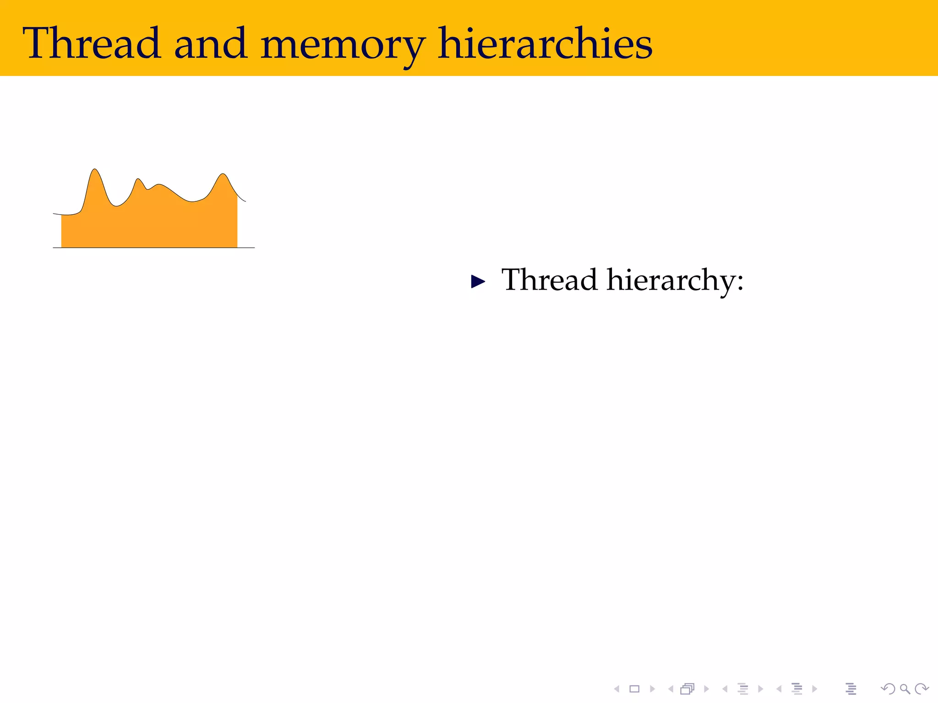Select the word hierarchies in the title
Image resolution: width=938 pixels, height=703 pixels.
pyautogui.click(x=545, y=43)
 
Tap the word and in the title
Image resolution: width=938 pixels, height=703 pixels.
pyautogui.click(x=211, y=43)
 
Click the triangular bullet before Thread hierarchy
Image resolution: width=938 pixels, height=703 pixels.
pyautogui.click(x=478, y=281)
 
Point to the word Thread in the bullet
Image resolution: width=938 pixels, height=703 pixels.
pyautogui.click(x=549, y=280)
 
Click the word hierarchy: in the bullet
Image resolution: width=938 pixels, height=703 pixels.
pyautogui.click(x=675, y=281)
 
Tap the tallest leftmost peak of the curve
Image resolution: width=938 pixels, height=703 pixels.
pyautogui.click(x=95, y=170)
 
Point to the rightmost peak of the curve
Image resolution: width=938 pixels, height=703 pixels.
pyautogui.click(x=223, y=175)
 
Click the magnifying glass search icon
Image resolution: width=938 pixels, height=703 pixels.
pyautogui.click(x=905, y=689)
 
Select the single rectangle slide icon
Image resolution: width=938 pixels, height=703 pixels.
pyautogui.click(x=634, y=689)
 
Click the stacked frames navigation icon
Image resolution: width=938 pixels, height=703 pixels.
pyautogui.click(x=687, y=689)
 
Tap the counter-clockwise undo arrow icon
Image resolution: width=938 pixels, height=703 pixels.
pyautogui.click(x=888, y=689)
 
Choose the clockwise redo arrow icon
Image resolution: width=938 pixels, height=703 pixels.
pyautogui.click(x=922, y=689)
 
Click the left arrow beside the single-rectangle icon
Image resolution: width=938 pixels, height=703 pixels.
pyautogui.click(x=617, y=689)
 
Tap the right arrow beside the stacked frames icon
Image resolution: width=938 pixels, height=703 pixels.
pyautogui.click(x=706, y=689)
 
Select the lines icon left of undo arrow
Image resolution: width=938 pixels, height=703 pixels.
pyautogui.click(x=851, y=689)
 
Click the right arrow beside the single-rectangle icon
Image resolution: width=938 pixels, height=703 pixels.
pyautogui.click(x=652, y=689)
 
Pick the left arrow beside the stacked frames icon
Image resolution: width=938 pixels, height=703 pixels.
pyautogui.click(x=671, y=689)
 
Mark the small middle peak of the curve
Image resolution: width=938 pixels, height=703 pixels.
pyautogui.click(x=138, y=179)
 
